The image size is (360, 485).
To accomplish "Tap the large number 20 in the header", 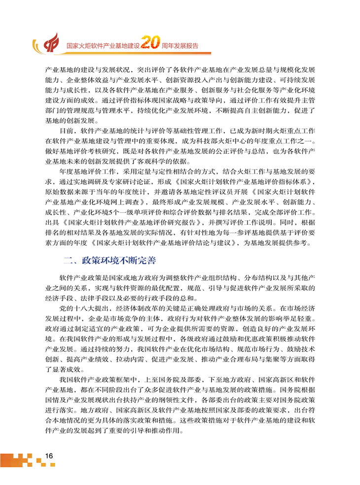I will point(149,44).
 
